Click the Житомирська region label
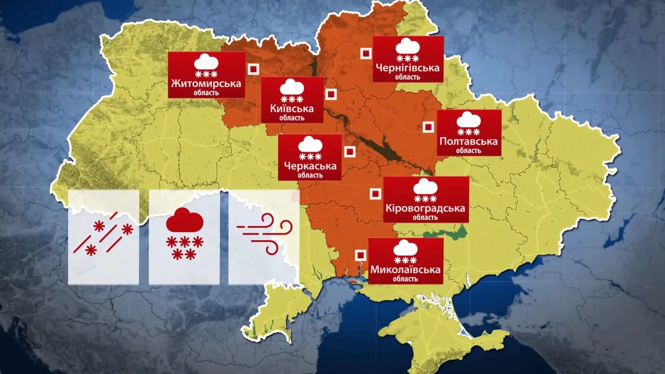pyautogui.click(x=206, y=83)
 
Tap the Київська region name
pyautogui.click(x=292, y=109)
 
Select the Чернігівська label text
pyautogui.click(x=408, y=68)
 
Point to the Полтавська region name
pyautogui.click(x=468, y=141)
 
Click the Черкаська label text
pyautogui.click(x=310, y=166)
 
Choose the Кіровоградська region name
pyautogui.click(x=425, y=208)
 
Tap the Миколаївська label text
pyautogui.click(x=405, y=269)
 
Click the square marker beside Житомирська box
pyautogui.click(x=254, y=69)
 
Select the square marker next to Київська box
pyautogui.click(x=331, y=95)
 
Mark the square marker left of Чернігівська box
pyautogui.click(x=366, y=54)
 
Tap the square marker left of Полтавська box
pyautogui.click(x=428, y=127)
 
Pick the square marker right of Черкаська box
pyautogui.click(x=350, y=152)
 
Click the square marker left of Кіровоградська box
pyautogui.click(x=375, y=194)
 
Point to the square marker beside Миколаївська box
pyautogui.click(x=361, y=255)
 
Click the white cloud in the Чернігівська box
pyautogui.click(x=408, y=46)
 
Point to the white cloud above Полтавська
pyautogui.click(x=469, y=120)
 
